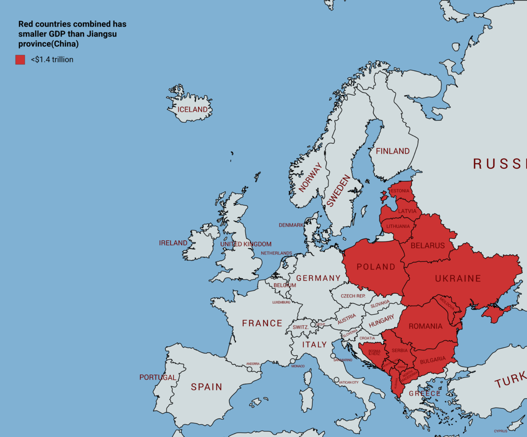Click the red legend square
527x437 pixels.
point(20,59)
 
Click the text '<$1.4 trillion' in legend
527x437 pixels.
point(52,59)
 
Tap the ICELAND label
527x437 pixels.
point(193,110)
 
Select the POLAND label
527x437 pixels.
point(376,267)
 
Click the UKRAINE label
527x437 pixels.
point(458,278)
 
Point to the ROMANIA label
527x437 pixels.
point(425,326)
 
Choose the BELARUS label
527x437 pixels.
point(428,246)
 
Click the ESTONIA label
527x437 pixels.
point(400,191)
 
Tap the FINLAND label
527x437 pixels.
point(393,151)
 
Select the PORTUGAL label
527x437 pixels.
point(158,378)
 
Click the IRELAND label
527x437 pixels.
point(173,243)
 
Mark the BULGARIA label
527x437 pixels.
point(432,360)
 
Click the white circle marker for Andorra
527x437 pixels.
point(249,369)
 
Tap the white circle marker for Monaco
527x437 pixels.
point(293,361)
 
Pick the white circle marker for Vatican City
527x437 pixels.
point(336,380)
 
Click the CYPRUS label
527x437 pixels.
point(500,431)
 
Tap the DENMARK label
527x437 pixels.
point(291,225)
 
